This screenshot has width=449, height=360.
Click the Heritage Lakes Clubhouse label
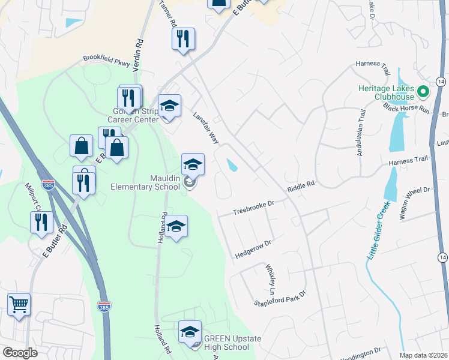point(386,92)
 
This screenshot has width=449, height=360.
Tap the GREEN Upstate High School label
point(232,343)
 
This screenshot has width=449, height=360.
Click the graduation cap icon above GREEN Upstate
point(190,331)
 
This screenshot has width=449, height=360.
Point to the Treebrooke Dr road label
point(253,208)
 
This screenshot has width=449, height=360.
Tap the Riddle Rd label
point(301,187)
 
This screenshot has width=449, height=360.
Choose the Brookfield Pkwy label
point(106,62)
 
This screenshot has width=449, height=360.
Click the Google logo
point(20,353)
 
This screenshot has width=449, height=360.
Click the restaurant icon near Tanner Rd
point(182,39)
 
